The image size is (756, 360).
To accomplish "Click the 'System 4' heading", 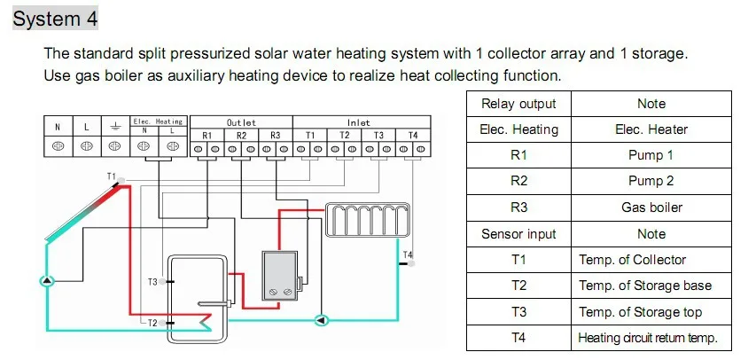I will (56, 18).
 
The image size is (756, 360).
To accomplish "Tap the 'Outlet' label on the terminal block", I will (241, 121).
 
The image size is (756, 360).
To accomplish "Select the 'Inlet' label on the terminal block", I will (359, 121).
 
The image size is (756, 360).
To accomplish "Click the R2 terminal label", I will (241, 135).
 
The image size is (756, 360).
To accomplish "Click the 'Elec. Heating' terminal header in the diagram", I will (157, 121).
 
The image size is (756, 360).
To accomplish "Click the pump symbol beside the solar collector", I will (47, 280).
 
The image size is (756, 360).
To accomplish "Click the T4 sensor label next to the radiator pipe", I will (407, 255).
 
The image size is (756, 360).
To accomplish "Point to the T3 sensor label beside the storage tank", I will (152, 282).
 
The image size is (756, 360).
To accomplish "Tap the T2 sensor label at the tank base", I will (152, 323).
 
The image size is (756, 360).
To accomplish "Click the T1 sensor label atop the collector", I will (112, 176).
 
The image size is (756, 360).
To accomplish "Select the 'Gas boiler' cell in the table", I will (651, 207).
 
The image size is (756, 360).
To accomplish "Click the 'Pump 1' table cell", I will (651, 155).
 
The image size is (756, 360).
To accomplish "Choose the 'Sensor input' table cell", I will (518, 234).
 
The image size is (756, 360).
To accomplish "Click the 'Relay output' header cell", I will (518, 104).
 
